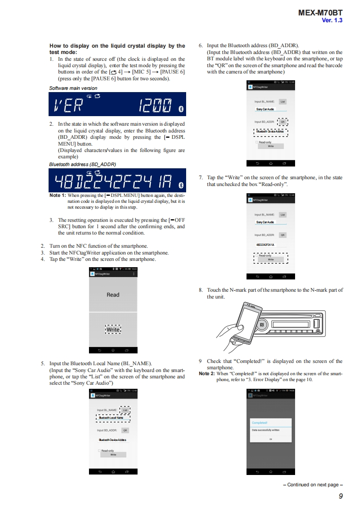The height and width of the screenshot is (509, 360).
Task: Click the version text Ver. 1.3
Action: (332, 20)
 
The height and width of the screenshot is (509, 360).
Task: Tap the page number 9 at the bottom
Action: (340, 496)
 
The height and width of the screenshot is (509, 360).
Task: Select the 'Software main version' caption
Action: (73, 88)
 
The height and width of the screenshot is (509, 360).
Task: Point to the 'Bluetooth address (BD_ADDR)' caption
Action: (82, 164)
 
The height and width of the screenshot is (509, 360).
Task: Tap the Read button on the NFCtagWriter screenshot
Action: (113, 294)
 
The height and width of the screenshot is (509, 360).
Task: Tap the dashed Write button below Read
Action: (113, 330)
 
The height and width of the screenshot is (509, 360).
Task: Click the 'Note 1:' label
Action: (57, 196)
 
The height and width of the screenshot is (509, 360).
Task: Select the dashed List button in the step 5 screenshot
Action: (125, 410)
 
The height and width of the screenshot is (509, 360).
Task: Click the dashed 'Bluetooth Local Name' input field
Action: (111, 418)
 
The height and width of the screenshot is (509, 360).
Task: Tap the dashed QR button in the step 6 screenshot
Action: (282, 122)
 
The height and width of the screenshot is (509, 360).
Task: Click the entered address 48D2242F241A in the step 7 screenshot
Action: (265, 245)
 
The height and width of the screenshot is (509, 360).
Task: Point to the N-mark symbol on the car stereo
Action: (261, 324)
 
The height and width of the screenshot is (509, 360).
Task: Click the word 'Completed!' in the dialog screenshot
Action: (259, 422)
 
